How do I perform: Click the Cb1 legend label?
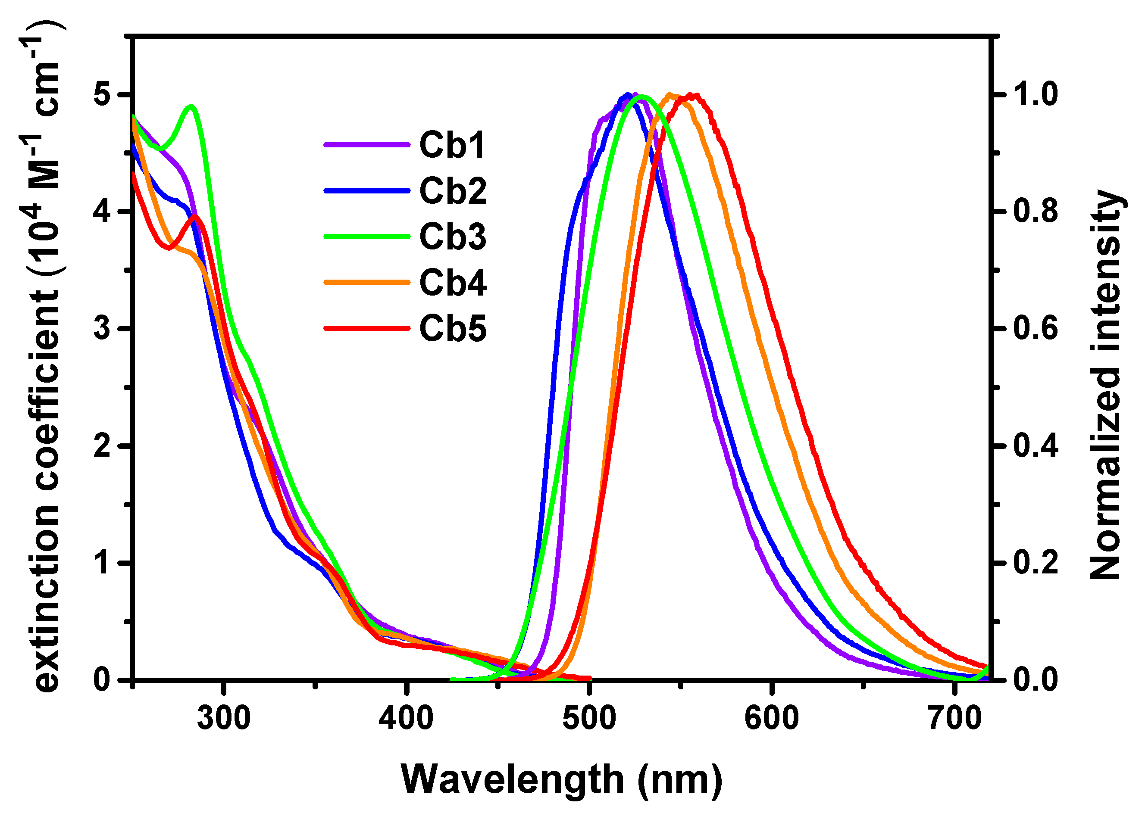tap(452, 146)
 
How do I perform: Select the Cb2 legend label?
tap(453, 191)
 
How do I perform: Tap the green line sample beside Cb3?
tap(366, 236)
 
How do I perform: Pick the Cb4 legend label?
tap(453, 283)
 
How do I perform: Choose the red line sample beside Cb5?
tap(366, 328)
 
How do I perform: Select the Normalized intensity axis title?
tap(1105, 386)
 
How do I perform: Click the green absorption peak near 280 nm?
tap(191, 106)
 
